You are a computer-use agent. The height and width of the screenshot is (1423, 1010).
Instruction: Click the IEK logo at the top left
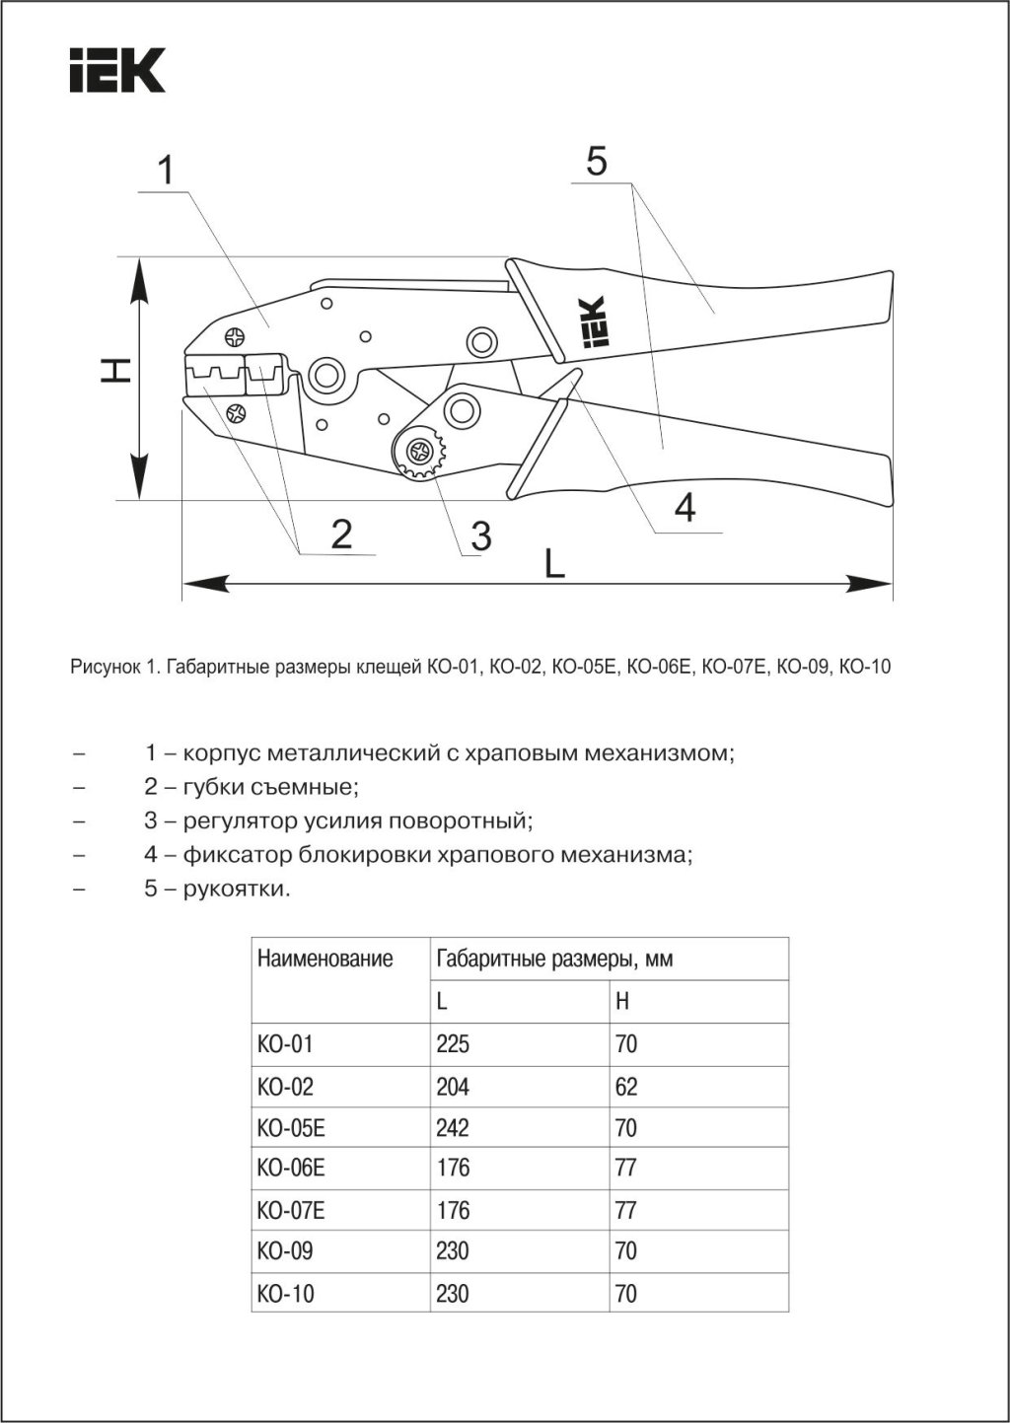tap(116, 69)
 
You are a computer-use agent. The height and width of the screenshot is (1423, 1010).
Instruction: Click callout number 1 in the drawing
tap(167, 171)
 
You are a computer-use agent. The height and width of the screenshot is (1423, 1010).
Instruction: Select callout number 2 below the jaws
tap(341, 534)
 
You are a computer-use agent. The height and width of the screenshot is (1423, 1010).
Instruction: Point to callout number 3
tap(480, 535)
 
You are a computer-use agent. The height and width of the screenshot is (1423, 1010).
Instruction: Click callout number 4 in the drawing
tap(685, 508)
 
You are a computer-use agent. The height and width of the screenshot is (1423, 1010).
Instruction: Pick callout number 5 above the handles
tap(596, 161)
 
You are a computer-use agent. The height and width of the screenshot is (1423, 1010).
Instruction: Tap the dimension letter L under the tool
tap(555, 565)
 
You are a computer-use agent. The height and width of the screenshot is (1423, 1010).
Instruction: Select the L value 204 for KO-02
tap(453, 1087)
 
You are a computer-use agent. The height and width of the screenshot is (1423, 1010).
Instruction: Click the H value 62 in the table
tap(626, 1087)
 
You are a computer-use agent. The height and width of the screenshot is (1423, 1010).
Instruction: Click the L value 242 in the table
tap(453, 1128)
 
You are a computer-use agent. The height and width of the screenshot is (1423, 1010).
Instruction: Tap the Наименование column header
tap(325, 958)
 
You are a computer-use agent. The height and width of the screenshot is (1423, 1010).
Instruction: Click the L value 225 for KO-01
tap(453, 1043)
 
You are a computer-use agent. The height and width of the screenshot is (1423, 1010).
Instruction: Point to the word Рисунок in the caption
tap(105, 668)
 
